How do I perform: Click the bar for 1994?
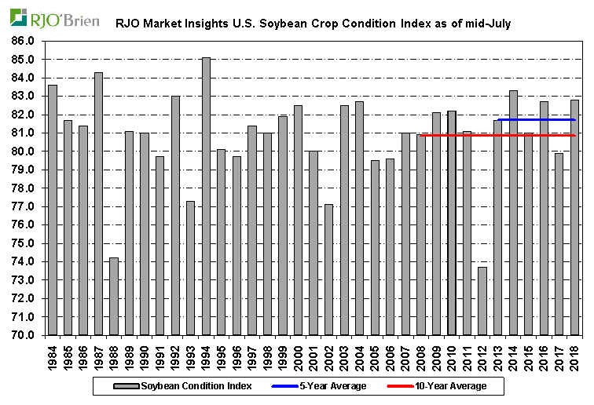(x=206, y=196)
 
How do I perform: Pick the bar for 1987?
(x=98, y=204)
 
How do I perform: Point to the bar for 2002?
(x=328, y=270)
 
